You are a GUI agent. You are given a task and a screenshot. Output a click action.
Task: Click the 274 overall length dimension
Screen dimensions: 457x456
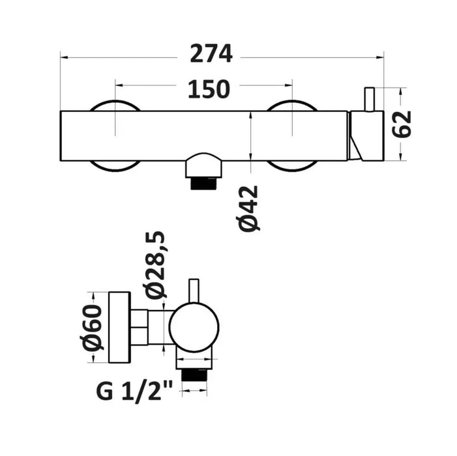click(211, 53)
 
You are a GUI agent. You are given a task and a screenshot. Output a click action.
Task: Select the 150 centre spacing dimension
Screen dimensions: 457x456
click(209, 89)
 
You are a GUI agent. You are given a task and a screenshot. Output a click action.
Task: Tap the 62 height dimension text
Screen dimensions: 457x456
click(402, 124)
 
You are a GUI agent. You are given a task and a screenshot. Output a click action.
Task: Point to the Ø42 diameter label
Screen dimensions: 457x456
click(250, 208)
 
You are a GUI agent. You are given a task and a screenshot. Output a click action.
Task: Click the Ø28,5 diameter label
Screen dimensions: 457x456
click(155, 265)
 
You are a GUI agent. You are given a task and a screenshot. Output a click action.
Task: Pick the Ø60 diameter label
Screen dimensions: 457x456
click(92, 327)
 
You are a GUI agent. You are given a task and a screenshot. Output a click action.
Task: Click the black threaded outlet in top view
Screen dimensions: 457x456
click(203, 184)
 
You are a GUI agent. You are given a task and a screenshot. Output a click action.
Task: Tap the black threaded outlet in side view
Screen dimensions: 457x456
click(194, 375)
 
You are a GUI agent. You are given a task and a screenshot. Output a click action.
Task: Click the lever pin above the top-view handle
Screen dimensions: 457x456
click(369, 99)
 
